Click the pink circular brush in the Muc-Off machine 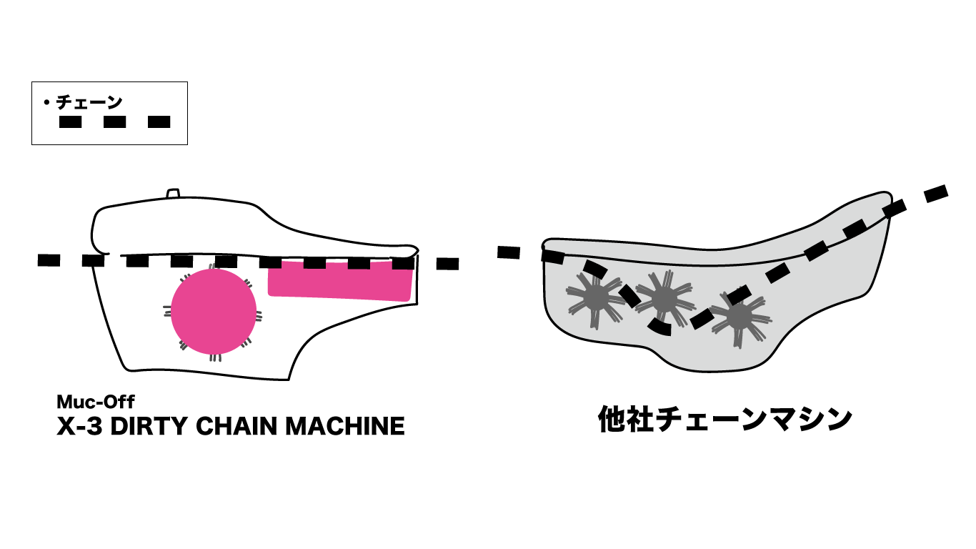[x=213, y=312]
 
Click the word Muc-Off [x=96, y=401]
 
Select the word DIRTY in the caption [x=148, y=426]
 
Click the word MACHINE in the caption [x=345, y=426]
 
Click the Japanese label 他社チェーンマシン [x=724, y=420]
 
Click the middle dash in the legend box [x=114, y=122]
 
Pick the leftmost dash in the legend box [x=70, y=122]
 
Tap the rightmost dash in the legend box [x=159, y=122]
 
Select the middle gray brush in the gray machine [x=664, y=297]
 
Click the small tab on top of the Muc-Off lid [x=172, y=194]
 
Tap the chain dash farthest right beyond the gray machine [x=935, y=193]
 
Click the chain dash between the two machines [x=508, y=252]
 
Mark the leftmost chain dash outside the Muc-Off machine [x=49, y=259]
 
